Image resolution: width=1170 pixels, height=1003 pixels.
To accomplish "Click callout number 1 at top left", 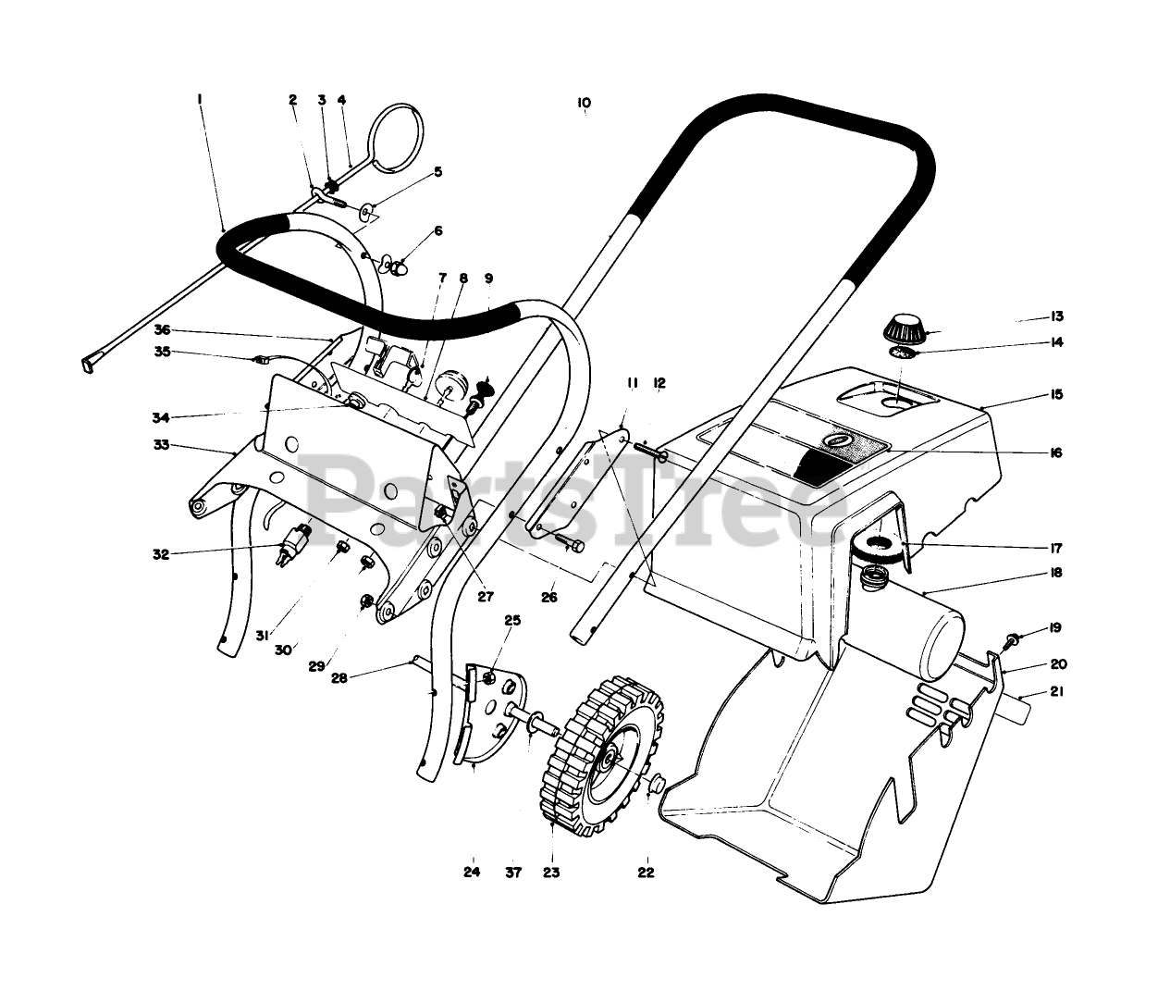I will tap(200, 96).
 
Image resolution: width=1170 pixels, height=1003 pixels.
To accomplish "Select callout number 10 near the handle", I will tap(584, 103).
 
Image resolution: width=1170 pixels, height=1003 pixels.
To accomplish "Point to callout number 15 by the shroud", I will tap(1057, 395).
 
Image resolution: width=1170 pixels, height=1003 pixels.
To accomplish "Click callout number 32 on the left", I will tap(161, 554).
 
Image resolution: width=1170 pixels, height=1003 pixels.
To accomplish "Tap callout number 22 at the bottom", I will tap(646, 872).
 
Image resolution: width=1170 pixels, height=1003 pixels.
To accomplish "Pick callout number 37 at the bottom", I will tap(515, 872).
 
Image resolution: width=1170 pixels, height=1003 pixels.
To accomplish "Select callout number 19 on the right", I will tap(1056, 629).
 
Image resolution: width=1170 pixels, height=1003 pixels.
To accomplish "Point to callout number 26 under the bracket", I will tap(549, 598).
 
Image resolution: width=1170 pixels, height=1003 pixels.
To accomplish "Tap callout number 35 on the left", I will tap(163, 352).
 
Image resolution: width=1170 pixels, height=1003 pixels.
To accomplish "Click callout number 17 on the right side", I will tap(1056, 547).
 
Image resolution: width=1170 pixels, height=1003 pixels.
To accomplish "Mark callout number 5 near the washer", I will tap(437, 171).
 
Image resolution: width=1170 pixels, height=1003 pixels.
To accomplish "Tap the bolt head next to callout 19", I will tap(1014, 639).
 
